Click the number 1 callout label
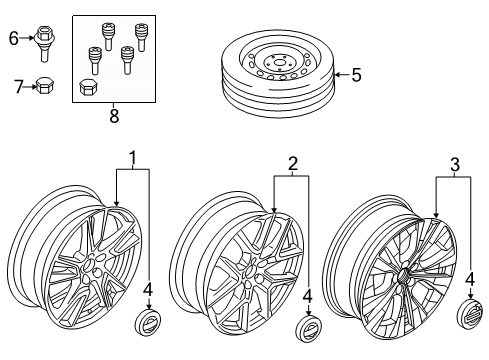[x=132, y=159]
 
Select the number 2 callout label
[x=292, y=163]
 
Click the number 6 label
[x=14, y=38]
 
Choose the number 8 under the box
[x=112, y=116]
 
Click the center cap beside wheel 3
[x=469, y=315]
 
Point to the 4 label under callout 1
[x=147, y=291]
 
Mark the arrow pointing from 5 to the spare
[x=340, y=73]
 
